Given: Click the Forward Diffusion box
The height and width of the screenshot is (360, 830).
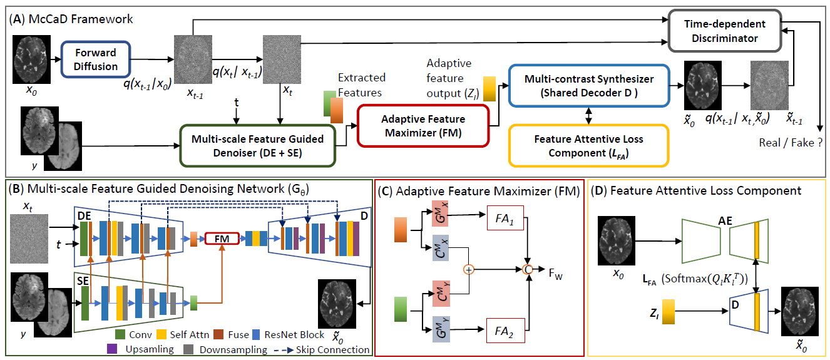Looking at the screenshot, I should coord(96,60).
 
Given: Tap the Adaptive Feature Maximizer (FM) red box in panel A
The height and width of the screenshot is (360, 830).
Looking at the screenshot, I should coord(423,125).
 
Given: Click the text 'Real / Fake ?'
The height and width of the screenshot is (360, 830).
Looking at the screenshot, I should coord(789,143).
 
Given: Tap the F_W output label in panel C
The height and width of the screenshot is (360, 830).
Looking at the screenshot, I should coord(554,274).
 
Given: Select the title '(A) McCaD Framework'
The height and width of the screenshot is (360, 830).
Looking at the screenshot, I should coord(71,19).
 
